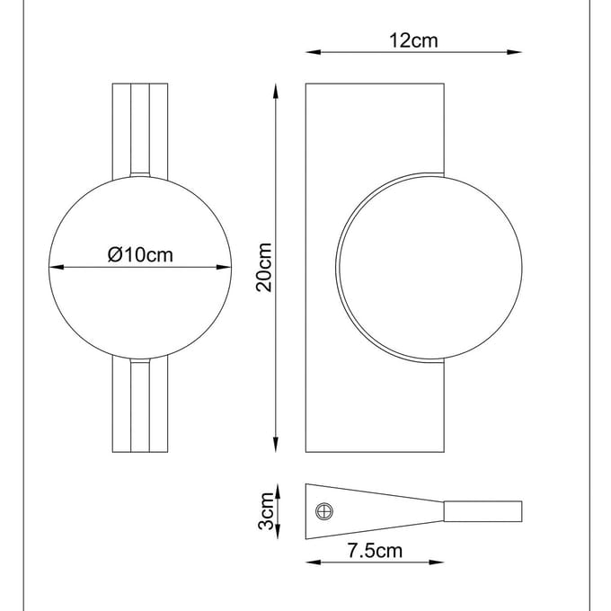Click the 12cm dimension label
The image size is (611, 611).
413,40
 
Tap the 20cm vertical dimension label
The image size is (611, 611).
264,268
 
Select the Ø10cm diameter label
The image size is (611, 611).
140,255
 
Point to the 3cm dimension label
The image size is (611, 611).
267,511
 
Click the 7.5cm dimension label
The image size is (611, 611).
375,551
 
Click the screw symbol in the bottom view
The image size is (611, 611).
324,511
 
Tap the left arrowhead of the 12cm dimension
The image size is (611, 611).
314,52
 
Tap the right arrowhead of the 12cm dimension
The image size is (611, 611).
514,52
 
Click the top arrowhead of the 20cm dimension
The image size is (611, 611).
276,91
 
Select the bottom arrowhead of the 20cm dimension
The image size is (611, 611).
276,445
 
